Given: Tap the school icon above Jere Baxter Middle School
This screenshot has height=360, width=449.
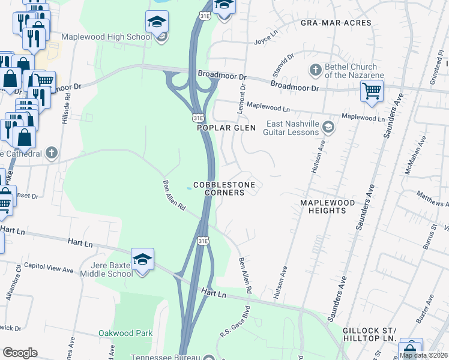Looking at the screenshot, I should click(142, 259).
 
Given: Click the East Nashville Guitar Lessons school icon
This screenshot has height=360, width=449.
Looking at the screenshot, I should click(328, 127).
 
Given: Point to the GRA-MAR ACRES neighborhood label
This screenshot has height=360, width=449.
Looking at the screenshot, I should click(336, 23).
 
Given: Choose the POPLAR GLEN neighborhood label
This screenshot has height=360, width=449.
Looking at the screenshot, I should click(227, 128).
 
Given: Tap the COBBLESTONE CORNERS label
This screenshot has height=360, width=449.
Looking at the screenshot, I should click(224, 188).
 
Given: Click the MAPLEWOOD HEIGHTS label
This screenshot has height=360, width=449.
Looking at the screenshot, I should click(328, 208).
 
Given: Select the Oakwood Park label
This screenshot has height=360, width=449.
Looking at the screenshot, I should click(126, 333).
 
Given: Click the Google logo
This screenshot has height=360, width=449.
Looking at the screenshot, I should click(20, 352).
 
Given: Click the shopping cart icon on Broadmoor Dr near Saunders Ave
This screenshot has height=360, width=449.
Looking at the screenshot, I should click(372, 92).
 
